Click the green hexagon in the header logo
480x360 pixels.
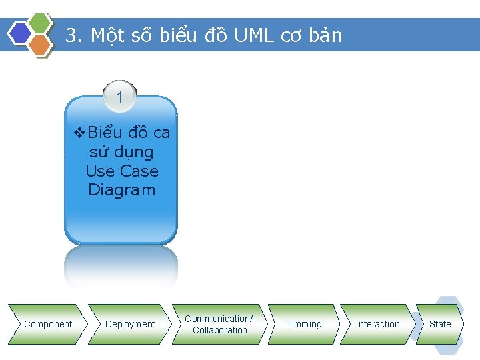(41, 22)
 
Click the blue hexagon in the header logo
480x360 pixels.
(21, 33)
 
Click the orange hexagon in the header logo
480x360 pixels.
(40, 45)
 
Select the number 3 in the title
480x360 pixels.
(70, 35)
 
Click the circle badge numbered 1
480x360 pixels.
(120, 97)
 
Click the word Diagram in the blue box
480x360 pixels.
(121, 190)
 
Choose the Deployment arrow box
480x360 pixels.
(130, 324)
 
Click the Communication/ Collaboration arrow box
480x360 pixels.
(219, 324)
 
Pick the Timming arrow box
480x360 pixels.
(304, 324)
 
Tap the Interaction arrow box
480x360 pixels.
(377, 324)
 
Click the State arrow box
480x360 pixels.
(439, 324)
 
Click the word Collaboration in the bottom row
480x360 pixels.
(220, 330)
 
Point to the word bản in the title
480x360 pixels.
(326, 35)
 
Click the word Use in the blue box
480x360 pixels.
(97, 171)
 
